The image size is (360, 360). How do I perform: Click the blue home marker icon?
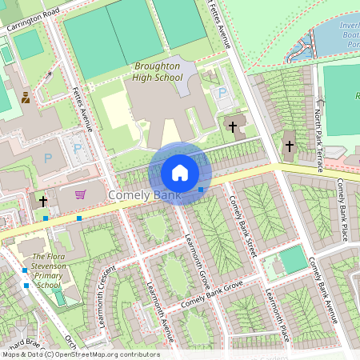pos(180,172)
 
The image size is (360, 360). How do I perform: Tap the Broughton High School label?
pos(148,71)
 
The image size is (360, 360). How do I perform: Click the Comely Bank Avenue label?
pos(323,292)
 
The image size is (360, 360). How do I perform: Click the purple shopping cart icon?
pos(79,194)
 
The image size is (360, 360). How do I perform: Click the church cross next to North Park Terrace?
pos(290,146)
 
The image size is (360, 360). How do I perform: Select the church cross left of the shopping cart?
pos(42,201)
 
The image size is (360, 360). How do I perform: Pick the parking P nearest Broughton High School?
pos(222,94)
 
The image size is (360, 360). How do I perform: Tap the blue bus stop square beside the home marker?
pos(201,190)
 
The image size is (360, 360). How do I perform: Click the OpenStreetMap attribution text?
pos(80,354)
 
